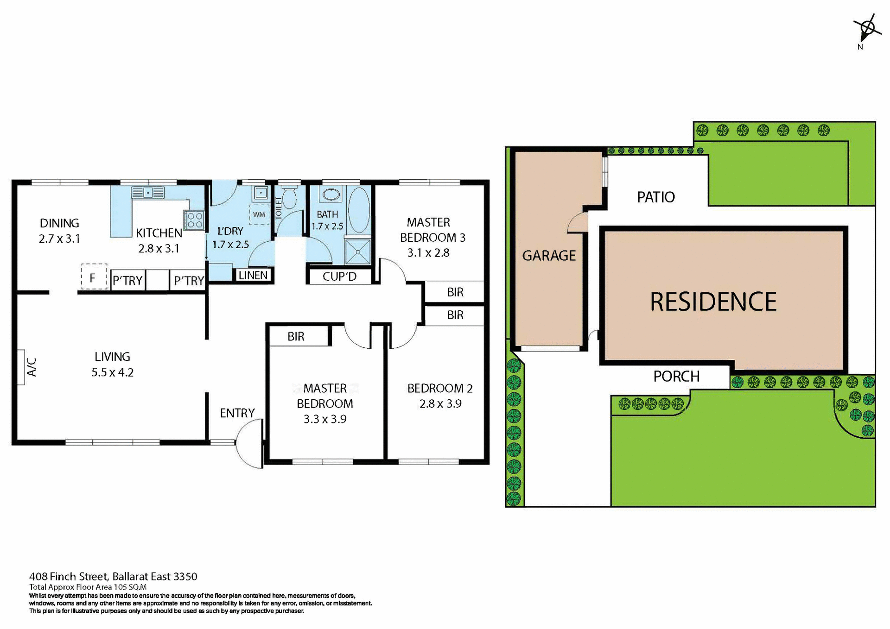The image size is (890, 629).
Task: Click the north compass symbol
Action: (867, 29)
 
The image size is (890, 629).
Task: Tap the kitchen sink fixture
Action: (148, 192)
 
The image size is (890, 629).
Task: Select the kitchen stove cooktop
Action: (194, 220)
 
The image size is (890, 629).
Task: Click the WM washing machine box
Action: (259, 214)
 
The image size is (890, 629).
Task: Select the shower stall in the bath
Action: (358, 251)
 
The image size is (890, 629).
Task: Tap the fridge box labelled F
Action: (94, 277)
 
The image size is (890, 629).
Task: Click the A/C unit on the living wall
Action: (21, 366)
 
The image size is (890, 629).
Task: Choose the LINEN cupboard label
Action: (253, 275)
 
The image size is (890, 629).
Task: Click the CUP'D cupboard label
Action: (340, 277)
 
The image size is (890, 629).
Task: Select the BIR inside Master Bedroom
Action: (296, 336)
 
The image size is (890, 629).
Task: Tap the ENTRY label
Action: (237, 413)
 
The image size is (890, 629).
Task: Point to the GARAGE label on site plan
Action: (549, 255)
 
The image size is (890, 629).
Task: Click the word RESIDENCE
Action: (713, 302)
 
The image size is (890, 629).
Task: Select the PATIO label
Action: (655, 197)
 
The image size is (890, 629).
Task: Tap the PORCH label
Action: (676, 376)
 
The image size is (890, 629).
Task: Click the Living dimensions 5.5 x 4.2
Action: (112, 372)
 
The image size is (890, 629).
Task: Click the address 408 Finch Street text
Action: (113, 576)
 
